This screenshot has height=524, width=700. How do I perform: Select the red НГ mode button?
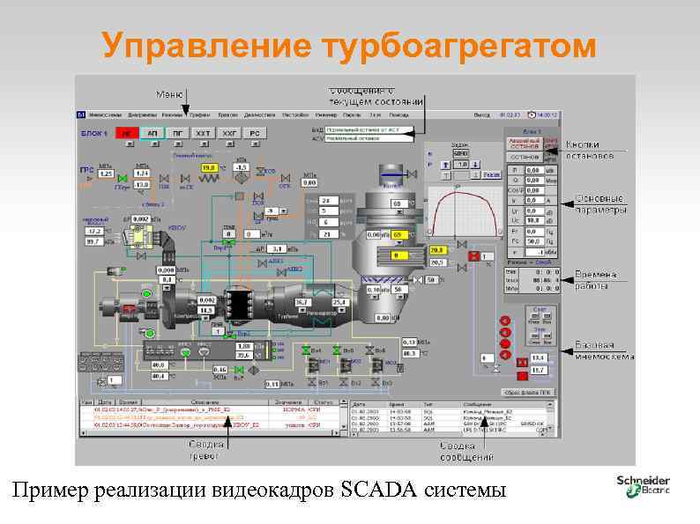pyautogui.click(x=127, y=132)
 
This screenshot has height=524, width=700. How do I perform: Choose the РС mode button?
pyautogui.click(x=255, y=132)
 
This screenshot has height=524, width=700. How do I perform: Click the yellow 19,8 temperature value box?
pyautogui.click(x=209, y=166)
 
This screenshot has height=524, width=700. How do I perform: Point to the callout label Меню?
pyautogui.click(x=169, y=93)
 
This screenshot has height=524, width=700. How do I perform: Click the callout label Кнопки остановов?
pyautogui.click(x=590, y=151)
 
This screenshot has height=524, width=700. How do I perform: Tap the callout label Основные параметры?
pyautogui.click(x=600, y=204)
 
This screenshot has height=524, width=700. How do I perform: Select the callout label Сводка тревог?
pyautogui.click(x=205, y=449)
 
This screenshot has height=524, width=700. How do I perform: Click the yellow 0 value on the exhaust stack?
pyautogui.click(x=397, y=255)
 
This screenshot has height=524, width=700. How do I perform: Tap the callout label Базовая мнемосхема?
pyautogui.click(x=604, y=351)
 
